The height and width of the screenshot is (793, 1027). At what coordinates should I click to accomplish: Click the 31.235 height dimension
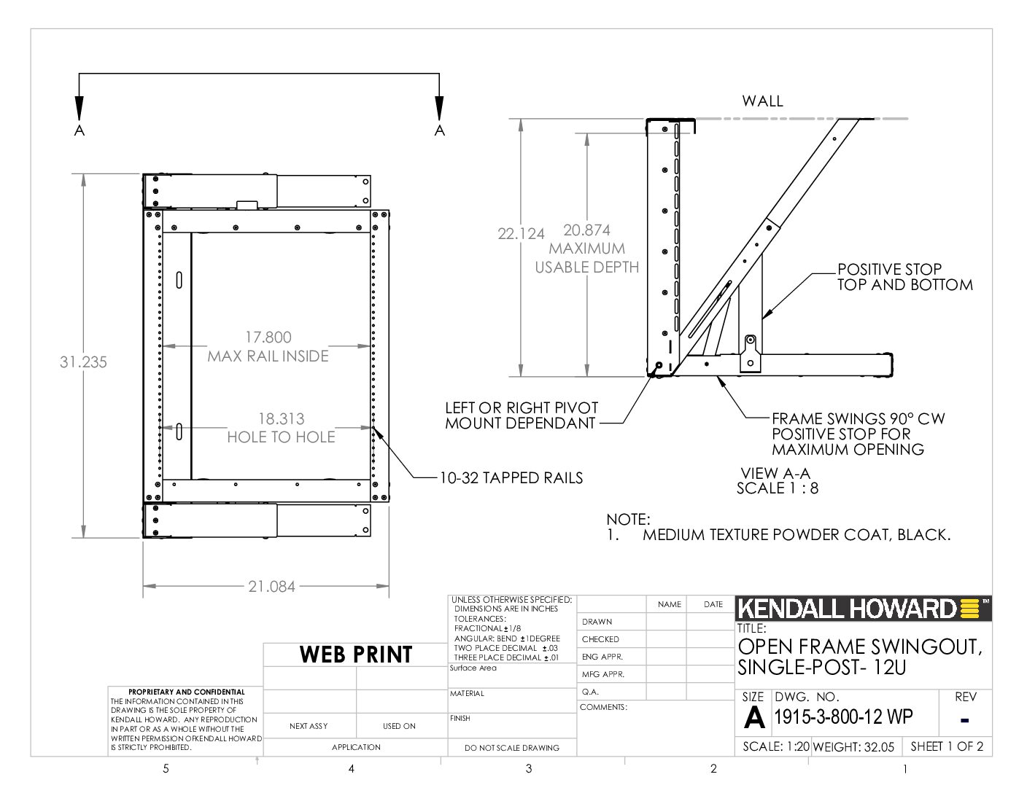pyautogui.click(x=83, y=362)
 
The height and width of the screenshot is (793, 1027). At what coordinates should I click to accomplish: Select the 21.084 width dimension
pyautogui.click(x=271, y=587)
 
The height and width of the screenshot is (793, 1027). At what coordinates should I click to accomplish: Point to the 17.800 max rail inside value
pyautogui.click(x=268, y=337)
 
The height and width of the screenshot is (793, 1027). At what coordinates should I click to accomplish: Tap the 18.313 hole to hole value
pyautogui.click(x=282, y=419)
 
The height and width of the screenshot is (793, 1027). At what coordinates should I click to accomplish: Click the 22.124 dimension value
pyautogui.click(x=521, y=234)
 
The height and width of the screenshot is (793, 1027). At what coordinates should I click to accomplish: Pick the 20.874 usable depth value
pyautogui.click(x=587, y=230)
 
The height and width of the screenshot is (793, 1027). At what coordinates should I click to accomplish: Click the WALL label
pyautogui.click(x=762, y=101)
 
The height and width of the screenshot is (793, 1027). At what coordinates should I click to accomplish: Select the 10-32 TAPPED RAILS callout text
pyautogui.click(x=511, y=478)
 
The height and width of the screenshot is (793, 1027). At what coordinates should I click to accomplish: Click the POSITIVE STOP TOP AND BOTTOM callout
pyautogui.click(x=905, y=277)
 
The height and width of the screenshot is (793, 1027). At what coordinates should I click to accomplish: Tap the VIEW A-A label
pyautogui.click(x=775, y=473)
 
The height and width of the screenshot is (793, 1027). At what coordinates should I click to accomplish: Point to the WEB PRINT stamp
pyautogui.click(x=356, y=655)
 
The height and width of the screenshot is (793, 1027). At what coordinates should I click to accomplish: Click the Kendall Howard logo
pyautogui.click(x=863, y=609)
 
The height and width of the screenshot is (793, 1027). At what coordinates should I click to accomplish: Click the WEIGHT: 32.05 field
pyautogui.click(x=853, y=746)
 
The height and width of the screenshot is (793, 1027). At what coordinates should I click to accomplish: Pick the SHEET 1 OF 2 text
pyautogui.click(x=947, y=746)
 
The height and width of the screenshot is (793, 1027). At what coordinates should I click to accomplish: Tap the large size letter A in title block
pyautogui.click(x=754, y=717)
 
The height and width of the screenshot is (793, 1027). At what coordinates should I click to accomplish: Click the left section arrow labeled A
pyautogui.click(x=80, y=109)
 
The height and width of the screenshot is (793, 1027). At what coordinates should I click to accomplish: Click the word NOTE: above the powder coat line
pyautogui.click(x=628, y=520)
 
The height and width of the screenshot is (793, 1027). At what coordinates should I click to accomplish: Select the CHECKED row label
pyautogui.click(x=600, y=639)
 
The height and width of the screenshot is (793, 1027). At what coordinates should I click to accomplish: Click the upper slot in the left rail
pyautogui.click(x=179, y=280)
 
